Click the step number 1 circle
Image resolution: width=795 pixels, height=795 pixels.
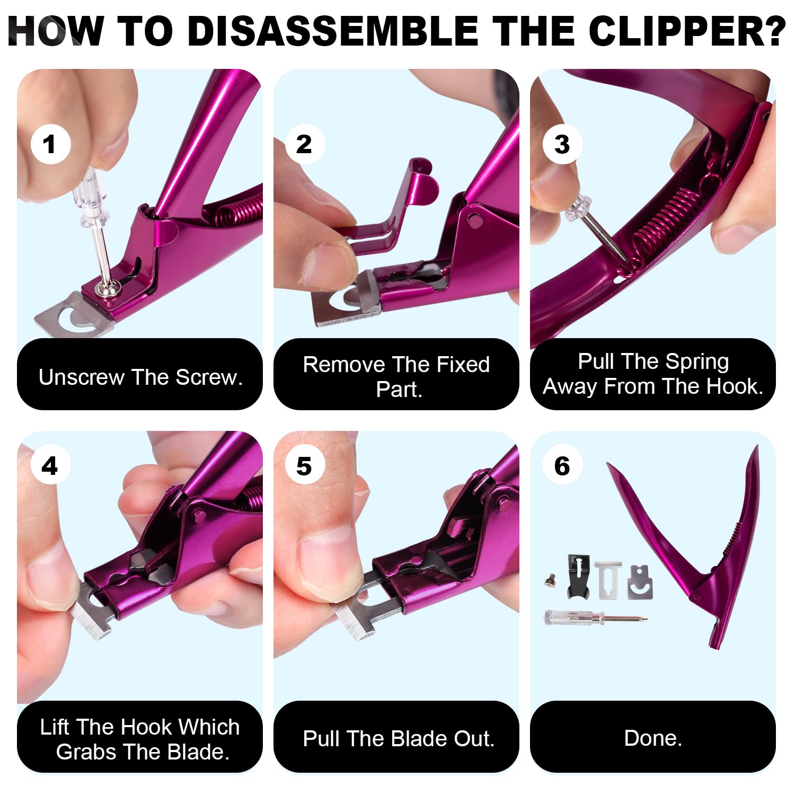click(x=50, y=144)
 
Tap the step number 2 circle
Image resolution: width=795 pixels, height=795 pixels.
click(x=304, y=144)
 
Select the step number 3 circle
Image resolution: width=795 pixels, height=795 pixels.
click(x=562, y=144)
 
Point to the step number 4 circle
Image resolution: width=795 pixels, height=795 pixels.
click(x=50, y=466)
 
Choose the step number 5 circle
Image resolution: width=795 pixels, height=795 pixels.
click(x=304, y=466)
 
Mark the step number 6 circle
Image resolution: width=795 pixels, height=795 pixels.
click(x=562, y=466)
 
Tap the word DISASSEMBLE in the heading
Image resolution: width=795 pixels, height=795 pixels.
click(x=334, y=31)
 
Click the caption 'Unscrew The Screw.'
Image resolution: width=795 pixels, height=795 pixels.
click(x=140, y=377)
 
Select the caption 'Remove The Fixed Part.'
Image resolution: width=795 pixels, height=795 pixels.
click(x=396, y=376)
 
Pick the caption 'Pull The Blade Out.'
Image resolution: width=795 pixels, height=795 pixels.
click(x=399, y=738)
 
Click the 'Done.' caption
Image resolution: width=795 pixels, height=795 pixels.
click(x=653, y=738)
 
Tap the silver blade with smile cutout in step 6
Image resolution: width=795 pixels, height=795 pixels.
click(x=640, y=582)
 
